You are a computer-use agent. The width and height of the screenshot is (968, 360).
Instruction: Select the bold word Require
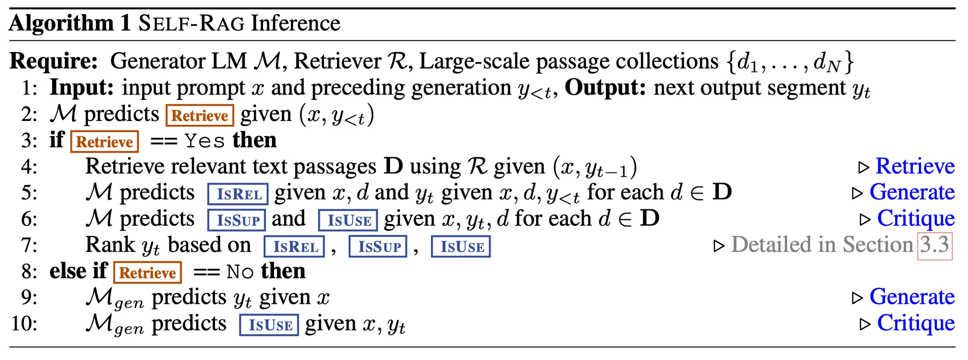point(53,61)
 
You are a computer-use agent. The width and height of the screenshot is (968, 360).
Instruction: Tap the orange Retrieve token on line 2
point(199,116)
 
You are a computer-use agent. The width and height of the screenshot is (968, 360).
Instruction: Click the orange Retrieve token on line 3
point(104,142)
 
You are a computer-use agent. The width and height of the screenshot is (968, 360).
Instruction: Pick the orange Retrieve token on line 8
point(147,273)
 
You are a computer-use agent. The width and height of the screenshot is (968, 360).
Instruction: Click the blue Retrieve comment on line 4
point(915,166)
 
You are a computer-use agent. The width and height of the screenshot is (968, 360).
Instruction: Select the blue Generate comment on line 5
point(912,192)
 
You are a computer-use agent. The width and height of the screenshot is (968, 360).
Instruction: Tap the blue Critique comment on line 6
point(916,218)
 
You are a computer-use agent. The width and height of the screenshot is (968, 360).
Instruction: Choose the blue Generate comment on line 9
point(912,297)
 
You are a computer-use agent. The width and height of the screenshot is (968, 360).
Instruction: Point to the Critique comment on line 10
point(916,323)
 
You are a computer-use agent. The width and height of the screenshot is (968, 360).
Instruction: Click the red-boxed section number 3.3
point(934,245)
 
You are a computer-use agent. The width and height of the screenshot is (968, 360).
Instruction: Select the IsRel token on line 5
point(238,194)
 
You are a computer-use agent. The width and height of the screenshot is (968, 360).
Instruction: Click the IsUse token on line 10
point(269,325)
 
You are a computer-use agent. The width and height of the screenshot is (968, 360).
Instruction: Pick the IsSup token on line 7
point(378,247)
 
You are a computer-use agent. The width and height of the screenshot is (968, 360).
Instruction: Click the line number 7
point(29,245)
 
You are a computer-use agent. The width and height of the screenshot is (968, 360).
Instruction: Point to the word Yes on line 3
point(205,141)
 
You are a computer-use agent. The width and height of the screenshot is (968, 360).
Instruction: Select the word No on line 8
point(240,272)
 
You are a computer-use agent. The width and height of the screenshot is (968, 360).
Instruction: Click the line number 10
point(24,324)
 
